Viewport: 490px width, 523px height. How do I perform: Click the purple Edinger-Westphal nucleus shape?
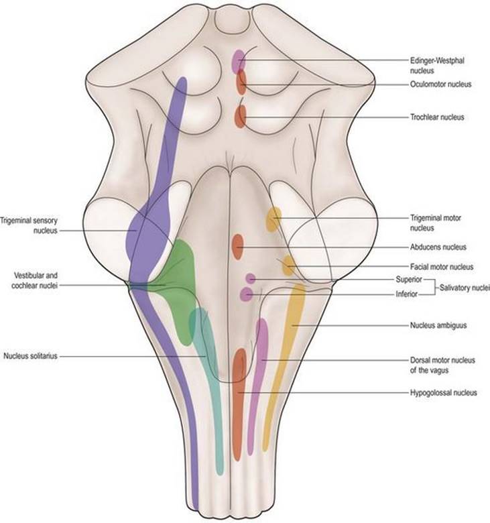239,61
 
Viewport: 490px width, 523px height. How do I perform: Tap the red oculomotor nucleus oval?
241,82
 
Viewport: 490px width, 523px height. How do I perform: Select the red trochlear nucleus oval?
240,117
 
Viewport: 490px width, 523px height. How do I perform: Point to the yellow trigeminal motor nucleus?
273,219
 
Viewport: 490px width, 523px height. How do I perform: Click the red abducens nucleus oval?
237,247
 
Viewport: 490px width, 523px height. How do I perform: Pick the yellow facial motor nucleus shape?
288,265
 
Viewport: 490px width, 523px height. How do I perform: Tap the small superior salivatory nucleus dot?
251,278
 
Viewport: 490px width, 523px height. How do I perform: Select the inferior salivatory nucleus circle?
247,294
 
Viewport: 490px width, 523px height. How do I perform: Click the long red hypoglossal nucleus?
239,404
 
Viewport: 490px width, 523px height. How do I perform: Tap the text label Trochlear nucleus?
437,117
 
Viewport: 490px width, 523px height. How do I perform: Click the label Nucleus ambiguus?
438,325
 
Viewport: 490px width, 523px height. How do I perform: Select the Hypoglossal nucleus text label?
443,392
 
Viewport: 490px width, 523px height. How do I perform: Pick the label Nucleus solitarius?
30,356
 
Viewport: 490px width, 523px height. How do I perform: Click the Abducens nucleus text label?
438,247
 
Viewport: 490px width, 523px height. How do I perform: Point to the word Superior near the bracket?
409,280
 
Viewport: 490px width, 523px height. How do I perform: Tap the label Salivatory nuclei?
465,288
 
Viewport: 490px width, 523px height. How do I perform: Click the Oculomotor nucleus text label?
440,84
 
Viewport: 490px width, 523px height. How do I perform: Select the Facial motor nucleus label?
442,267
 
